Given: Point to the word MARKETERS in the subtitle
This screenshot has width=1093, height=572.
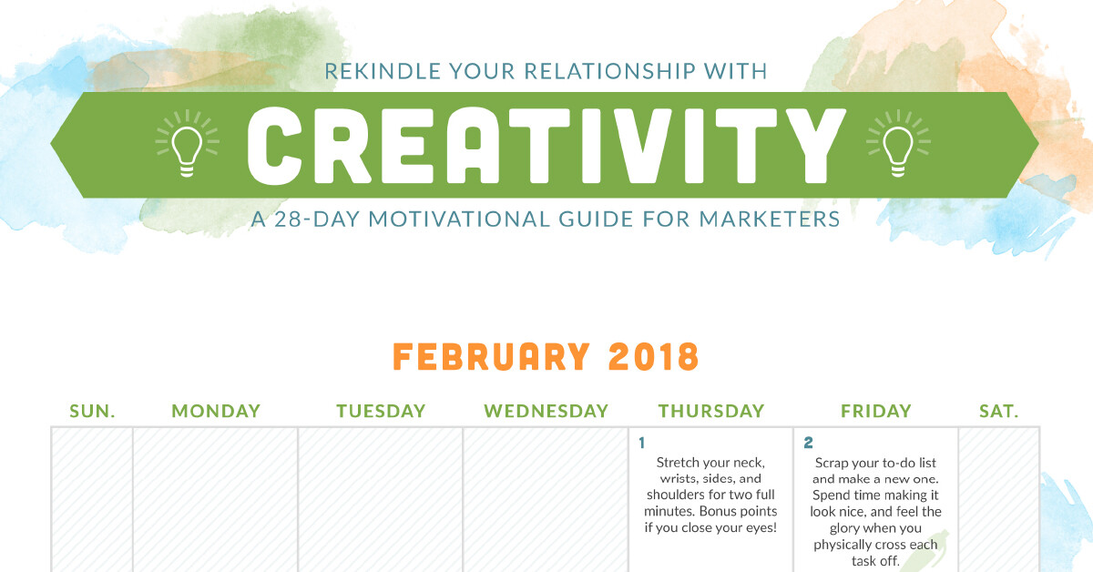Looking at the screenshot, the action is tap(770, 220).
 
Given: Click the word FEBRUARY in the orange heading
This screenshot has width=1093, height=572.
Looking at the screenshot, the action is tap(491, 357).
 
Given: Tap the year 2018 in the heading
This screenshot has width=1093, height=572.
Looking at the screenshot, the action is tap(654, 357).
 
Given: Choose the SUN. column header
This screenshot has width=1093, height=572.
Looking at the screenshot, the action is tap(92, 411).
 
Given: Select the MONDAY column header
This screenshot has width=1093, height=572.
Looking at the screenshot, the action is tap(216, 411).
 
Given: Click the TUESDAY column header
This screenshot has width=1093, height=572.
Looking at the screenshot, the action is tap(381, 411).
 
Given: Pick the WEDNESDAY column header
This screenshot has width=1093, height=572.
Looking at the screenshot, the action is tap(546, 411).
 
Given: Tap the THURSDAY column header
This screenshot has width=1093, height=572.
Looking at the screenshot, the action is tap(711, 411).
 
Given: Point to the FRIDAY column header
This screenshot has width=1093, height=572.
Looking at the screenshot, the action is tap(876, 411).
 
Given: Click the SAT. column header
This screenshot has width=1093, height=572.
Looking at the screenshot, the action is tap(999, 411).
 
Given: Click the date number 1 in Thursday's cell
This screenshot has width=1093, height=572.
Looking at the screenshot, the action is tap(641, 443).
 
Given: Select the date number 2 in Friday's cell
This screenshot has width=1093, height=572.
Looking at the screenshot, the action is tap(808, 443).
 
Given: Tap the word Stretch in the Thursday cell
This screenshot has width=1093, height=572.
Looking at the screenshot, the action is tap(676, 462).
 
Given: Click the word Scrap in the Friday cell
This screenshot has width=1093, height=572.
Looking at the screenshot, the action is tap(832, 464).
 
